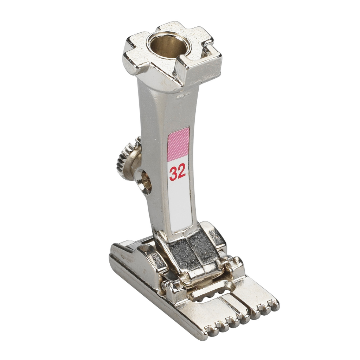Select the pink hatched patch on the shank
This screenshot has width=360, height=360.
click(179, 144)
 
